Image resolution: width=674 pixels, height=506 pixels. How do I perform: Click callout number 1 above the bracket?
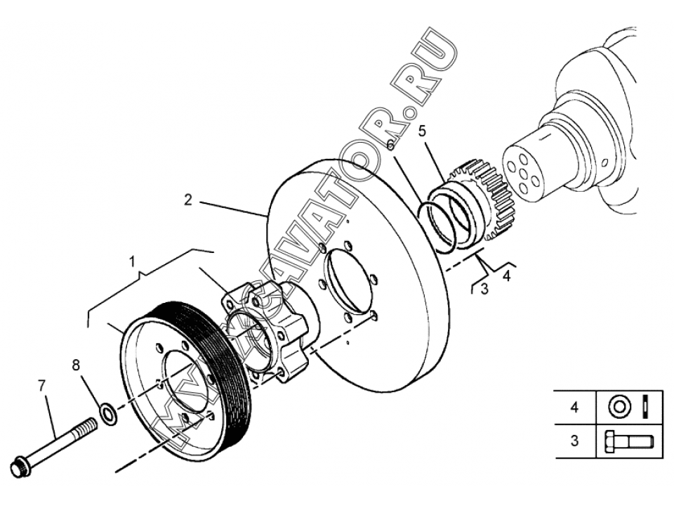pos(133,261)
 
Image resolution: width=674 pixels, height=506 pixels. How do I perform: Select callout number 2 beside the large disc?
pos(188,200)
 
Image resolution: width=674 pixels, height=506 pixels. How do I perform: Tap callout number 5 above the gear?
pos(422,131)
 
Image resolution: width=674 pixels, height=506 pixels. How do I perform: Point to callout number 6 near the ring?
pos(390,145)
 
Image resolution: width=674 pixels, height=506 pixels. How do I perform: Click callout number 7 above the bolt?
pos(41,386)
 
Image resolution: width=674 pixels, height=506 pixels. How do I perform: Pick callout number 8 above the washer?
pos(76,365)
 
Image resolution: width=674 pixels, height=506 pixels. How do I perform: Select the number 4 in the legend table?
pos(575,407)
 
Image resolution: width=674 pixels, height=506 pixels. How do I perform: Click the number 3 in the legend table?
pos(575,441)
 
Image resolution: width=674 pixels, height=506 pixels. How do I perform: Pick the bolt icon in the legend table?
pos(629,441)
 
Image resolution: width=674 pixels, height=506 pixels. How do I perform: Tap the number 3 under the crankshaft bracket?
pos(484,289)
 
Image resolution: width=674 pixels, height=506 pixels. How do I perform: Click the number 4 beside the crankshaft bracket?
pos(507,275)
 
